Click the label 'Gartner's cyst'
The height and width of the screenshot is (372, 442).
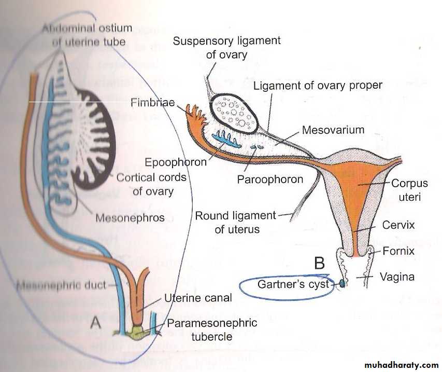point(293,284)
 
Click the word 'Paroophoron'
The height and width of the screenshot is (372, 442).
point(270,180)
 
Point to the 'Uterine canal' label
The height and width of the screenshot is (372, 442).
point(198,298)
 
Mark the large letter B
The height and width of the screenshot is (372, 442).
point(320,264)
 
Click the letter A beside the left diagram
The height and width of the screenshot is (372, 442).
point(95,323)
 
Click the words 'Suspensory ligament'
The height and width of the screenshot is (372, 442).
point(226,40)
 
